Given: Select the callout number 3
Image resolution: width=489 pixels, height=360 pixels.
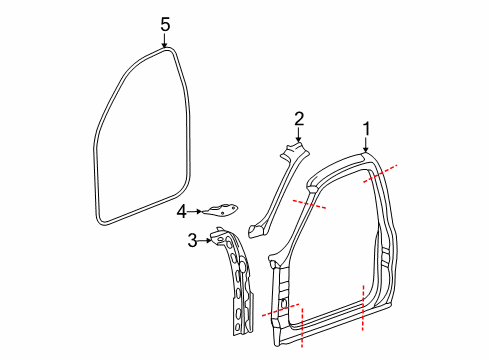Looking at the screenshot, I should tap(193, 239).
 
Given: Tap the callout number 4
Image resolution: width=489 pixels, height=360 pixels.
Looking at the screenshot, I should tap(182, 211).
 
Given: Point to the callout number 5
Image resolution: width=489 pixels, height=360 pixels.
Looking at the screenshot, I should tap(166, 23).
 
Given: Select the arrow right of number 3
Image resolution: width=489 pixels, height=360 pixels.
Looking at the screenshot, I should tap(207, 239).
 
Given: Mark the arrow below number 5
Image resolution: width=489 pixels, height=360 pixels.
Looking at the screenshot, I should tap(166, 41).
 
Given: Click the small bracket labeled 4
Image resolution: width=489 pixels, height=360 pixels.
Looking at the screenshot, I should tap(224, 208).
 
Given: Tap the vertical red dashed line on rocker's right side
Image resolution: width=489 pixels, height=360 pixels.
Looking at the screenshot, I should tap(363, 311).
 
